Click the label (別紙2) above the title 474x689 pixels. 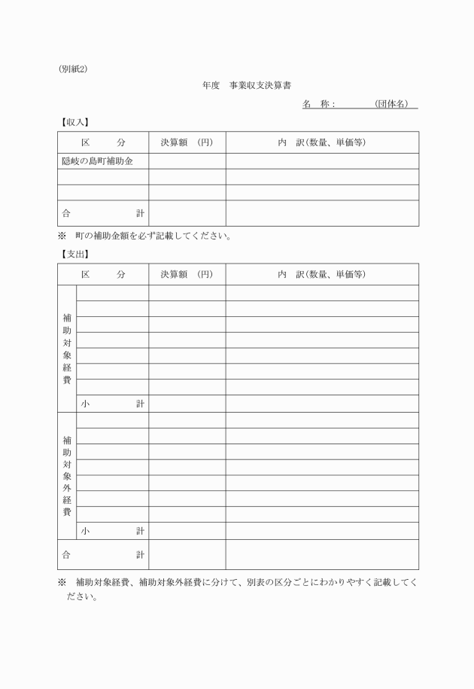pos(73,70)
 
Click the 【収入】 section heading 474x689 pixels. pos(74,122)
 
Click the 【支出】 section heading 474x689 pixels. pos(74,254)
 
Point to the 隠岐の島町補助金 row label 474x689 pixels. pos(97,160)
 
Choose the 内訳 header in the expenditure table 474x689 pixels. pos(321,274)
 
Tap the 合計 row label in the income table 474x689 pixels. pos(103,213)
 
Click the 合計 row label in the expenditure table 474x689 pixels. pos(103,555)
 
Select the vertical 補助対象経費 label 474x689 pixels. pos(67,349)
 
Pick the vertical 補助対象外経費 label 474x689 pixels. pos(67,476)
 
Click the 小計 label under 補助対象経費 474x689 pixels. pos(113,404)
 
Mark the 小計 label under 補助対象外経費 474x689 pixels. pos(113,531)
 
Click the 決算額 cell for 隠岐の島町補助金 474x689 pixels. pos(187,160)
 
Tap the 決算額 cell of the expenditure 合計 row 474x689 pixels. pos(187,555)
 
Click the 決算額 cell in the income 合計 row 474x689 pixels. pos(187,213)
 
